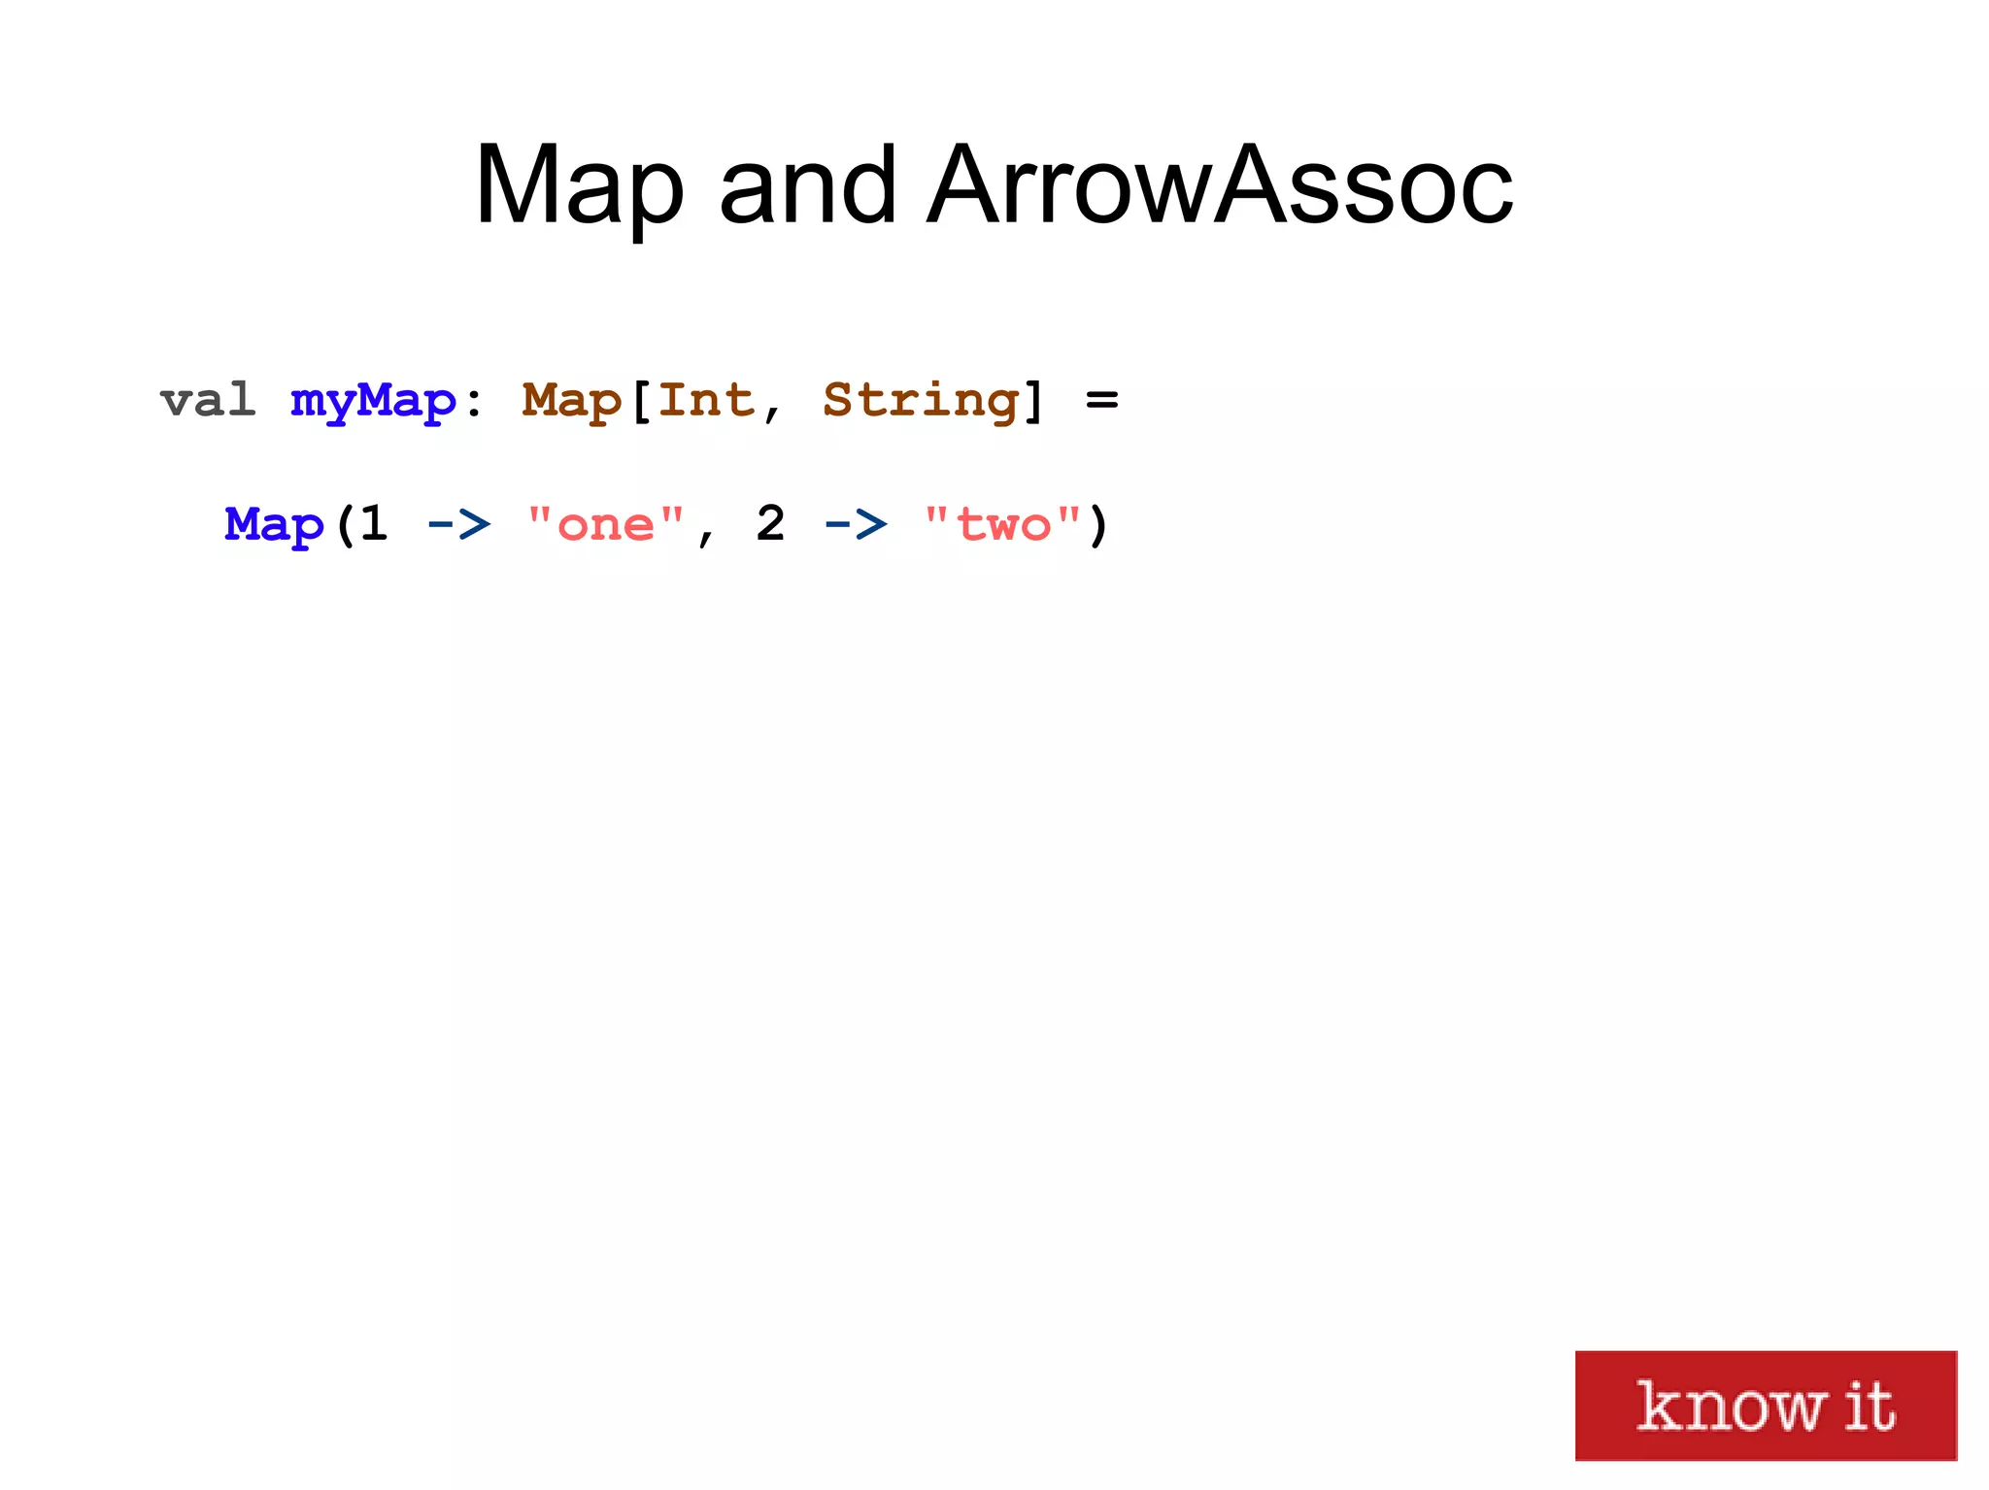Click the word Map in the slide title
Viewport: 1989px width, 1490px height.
pos(579,186)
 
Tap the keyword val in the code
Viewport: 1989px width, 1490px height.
pos(208,400)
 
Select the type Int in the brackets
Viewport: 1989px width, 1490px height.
pos(706,400)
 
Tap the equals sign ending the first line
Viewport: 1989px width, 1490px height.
pos(1102,400)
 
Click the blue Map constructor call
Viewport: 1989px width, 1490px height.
pos(274,526)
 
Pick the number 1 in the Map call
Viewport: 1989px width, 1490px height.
pos(374,524)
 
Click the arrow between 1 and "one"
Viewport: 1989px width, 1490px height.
pos(458,525)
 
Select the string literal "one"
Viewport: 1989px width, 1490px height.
pos(606,524)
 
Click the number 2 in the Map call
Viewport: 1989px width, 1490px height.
pos(770,524)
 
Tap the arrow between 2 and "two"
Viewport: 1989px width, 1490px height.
pos(856,525)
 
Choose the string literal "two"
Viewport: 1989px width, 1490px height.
pos(1003,524)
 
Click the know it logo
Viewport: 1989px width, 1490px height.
pos(1765,1405)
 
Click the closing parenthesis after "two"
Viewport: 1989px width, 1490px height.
pos(1097,526)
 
